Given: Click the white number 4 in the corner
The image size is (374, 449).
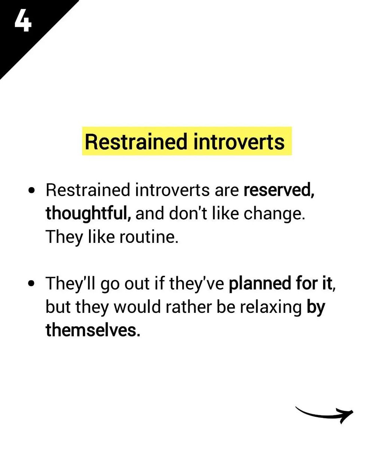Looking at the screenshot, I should (x=23, y=22).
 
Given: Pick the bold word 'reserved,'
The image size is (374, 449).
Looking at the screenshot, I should (x=279, y=190).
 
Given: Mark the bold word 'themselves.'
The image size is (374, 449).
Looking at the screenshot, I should (x=93, y=330).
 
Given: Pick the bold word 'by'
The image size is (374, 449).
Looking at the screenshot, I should (x=316, y=307).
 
